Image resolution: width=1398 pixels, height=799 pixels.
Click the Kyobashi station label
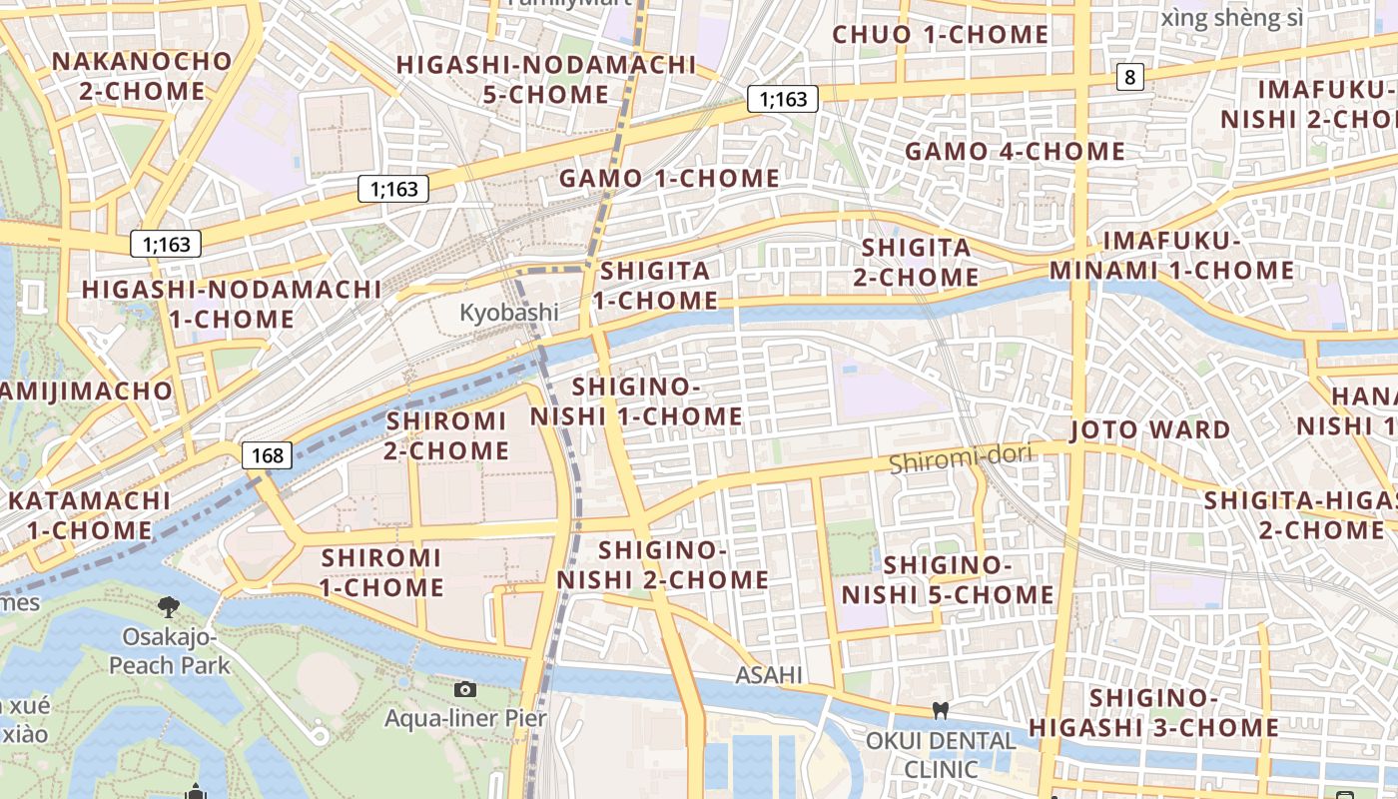tap(509, 313)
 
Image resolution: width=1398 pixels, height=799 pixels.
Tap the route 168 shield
tap(268, 456)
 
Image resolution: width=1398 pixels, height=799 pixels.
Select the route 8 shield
tap(1129, 77)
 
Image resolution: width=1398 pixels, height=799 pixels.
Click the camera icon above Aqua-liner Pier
tap(464, 689)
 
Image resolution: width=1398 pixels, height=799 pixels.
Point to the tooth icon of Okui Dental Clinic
tap(939, 711)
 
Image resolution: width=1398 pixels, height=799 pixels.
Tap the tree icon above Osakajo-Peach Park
tap(168, 606)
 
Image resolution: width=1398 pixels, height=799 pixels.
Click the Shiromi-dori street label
tap(960, 459)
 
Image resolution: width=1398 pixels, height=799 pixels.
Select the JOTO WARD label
tap(1149, 430)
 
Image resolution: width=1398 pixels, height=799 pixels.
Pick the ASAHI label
tap(769, 675)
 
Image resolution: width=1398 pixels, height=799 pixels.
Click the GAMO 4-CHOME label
tap(1015, 152)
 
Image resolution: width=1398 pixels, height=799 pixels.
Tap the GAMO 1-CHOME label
tap(669, 179)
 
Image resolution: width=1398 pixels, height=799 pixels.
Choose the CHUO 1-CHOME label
tap(941, 35)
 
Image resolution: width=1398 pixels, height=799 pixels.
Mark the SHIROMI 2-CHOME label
tap(446, 435)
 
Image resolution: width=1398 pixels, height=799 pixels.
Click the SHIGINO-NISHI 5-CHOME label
tap(948, 580)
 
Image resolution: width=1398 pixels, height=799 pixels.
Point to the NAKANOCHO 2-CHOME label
tap(141, 76)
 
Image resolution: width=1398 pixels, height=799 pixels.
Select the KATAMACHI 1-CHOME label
tap(89, 514)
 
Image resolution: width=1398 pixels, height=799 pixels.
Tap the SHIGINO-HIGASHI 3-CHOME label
tap(1153, 712)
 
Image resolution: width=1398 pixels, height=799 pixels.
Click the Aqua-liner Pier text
tap(465, 718)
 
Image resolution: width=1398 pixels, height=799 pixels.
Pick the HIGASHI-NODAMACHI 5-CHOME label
tap(545, 80)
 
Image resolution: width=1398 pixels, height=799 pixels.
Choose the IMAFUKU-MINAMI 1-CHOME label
tap(1171, 256)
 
